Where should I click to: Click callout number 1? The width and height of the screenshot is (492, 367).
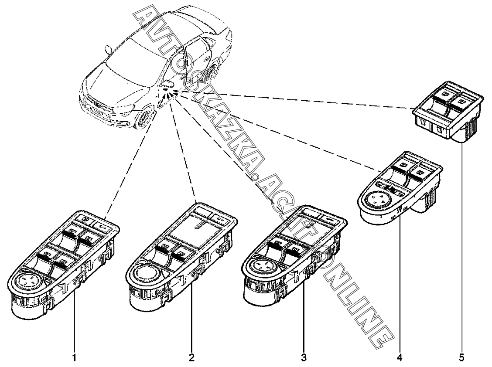(x=75, y=358)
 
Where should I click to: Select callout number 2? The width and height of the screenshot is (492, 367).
(x=191, y=358)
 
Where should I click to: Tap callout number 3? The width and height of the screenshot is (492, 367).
(x=304, y=358)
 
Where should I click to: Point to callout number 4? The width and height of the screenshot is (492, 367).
(x=400, y=358)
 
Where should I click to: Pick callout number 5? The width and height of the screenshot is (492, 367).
(x=461, y=358)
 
